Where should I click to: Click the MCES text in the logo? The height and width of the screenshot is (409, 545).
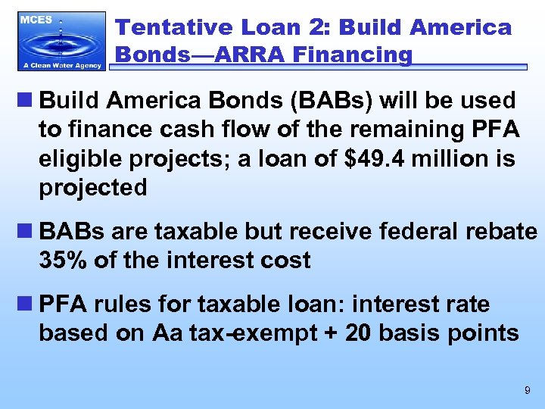[36, 20]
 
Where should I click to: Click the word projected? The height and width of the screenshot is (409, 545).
[93, 188]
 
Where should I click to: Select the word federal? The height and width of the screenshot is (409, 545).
[400, 231]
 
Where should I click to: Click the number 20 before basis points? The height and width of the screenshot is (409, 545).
[358, 333]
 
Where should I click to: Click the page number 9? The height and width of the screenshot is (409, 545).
[527, 391]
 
